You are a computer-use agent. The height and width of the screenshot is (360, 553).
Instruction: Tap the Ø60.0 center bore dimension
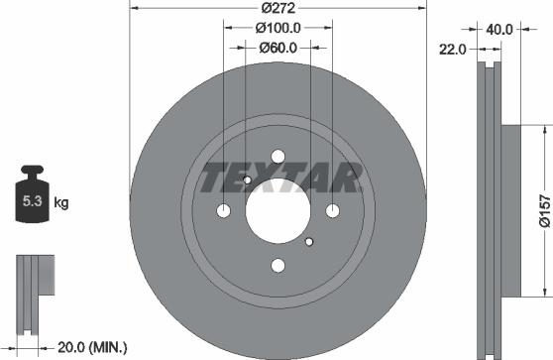pos(278,48)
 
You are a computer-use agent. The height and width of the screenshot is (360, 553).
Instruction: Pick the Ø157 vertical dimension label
pos(543,210)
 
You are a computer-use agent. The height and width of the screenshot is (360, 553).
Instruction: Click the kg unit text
pos(60,204)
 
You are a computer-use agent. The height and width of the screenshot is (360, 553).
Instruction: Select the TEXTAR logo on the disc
pos(278,180)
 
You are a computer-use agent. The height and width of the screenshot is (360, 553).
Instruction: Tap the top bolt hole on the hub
pos(277,156)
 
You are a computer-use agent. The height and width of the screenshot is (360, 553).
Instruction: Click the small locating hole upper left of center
pos(247,180)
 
